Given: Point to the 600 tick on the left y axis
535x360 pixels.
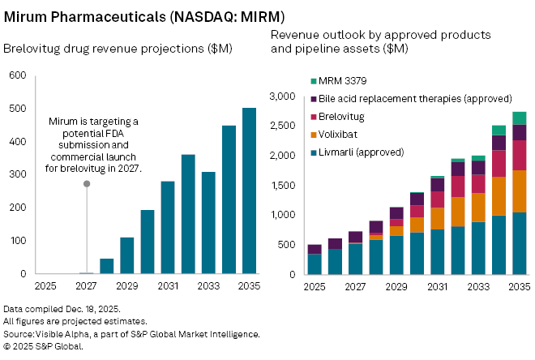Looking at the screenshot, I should [18, 75].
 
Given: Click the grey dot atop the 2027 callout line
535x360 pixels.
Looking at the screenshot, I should [87, 184].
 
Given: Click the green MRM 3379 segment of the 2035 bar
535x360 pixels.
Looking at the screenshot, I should [519, 118].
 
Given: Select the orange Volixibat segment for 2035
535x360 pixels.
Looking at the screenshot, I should [519, 191].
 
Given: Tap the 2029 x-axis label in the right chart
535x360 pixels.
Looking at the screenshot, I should [396, 287].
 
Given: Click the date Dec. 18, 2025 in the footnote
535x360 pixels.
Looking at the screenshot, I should [89, 310].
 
